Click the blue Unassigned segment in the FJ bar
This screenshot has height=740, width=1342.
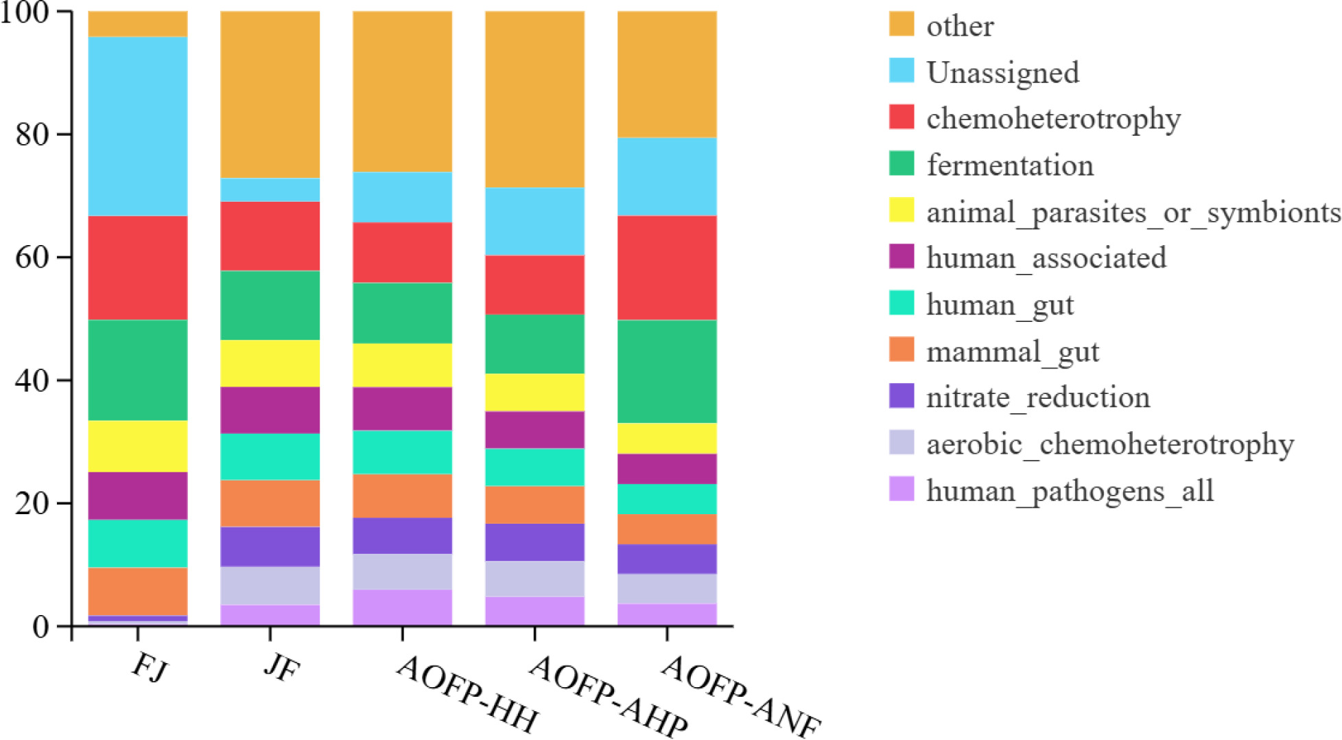[137, 126]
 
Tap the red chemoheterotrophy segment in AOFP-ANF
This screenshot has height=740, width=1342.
[667, 268]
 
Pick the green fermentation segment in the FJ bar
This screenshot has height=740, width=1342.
[137, 370]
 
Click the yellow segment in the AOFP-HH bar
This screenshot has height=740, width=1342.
[402, 365]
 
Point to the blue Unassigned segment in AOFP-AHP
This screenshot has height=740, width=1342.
[534, 222]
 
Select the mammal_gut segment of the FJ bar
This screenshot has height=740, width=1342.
[137, 591]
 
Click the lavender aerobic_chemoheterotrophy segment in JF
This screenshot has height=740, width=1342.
[270, 586]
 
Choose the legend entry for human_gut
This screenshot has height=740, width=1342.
[999, 305]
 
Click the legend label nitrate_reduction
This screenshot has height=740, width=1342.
[1037, 397]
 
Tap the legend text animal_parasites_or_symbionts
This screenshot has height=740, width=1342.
[1133, 212]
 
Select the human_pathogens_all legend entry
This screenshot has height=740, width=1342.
[1070, 491]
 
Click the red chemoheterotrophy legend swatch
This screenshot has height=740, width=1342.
[902, 117]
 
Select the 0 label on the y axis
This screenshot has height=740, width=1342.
[41, 626]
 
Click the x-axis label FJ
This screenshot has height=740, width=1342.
[150, 666]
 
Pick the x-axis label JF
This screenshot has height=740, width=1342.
[281, 666]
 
